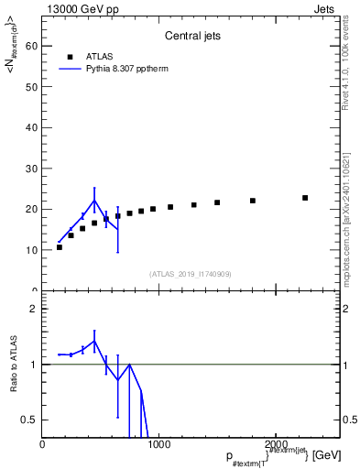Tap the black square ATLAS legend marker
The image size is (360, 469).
click(70, 55)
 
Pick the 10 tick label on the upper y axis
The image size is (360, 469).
click(32, 250)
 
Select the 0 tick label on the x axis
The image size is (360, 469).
click(42, 445)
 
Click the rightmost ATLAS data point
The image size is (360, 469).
click(305, 198)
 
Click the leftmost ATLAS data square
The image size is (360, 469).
click(60, 247)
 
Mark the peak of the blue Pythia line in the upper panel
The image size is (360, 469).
click(94, 200)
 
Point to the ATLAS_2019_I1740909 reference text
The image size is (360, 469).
click(190, 274)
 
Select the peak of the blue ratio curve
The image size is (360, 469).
click(94, 341)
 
